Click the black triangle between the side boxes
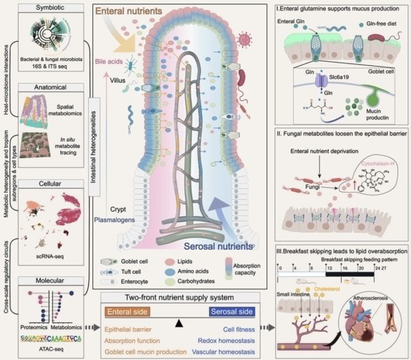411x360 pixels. point(179,321)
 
